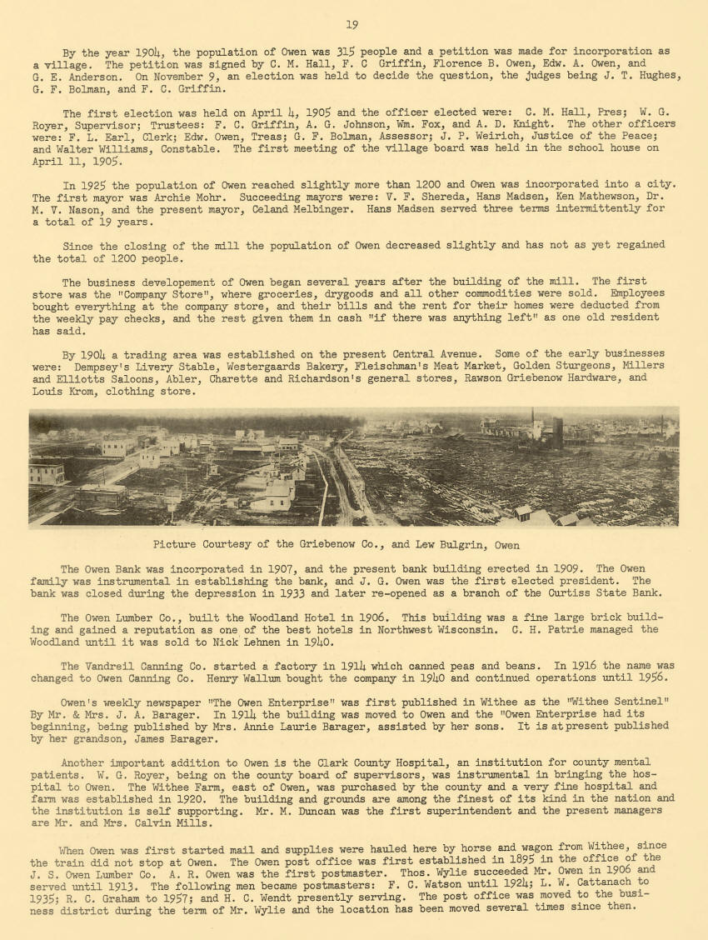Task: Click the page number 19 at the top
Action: click(x=352, y=25)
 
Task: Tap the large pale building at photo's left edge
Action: click(x=47, y=472)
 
